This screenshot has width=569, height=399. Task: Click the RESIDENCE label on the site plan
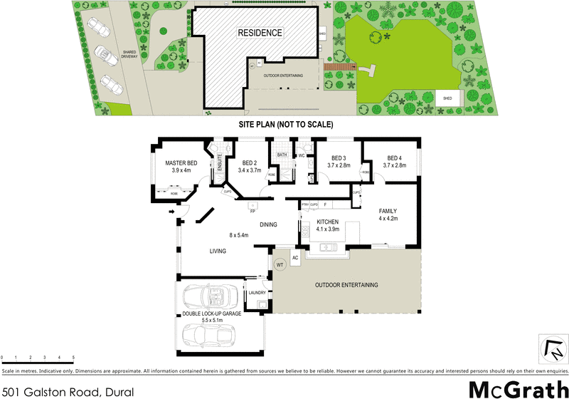260,33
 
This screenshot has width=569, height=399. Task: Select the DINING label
268,224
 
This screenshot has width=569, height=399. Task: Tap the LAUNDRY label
256,292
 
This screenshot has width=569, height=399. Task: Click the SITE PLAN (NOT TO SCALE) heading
284,124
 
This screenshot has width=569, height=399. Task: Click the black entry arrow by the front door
172,211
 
